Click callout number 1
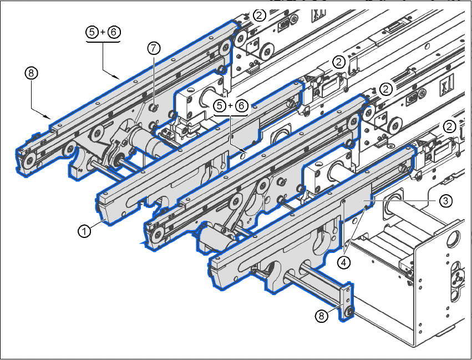(x=84, y=231)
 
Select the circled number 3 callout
(x=445, y=200)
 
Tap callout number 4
(x=344, y=262)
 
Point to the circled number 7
(x=154, y=48)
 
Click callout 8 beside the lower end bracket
(x=322, y=316)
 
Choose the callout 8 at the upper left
(x=31, y=73)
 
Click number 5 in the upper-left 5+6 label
(x=92, y=32)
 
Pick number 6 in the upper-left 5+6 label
(x=114, y=32)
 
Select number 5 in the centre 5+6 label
(x=220, y=105)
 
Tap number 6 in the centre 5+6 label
(x=241, y=105)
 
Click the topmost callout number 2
(x=260, y=15)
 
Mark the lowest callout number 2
(x=449, y=126)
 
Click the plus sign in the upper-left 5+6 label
(x=103, y=32)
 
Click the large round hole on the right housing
(x=453, y=240)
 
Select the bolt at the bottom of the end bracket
(x=349, y=312)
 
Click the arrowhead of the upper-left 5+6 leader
(x=117, y=77)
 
